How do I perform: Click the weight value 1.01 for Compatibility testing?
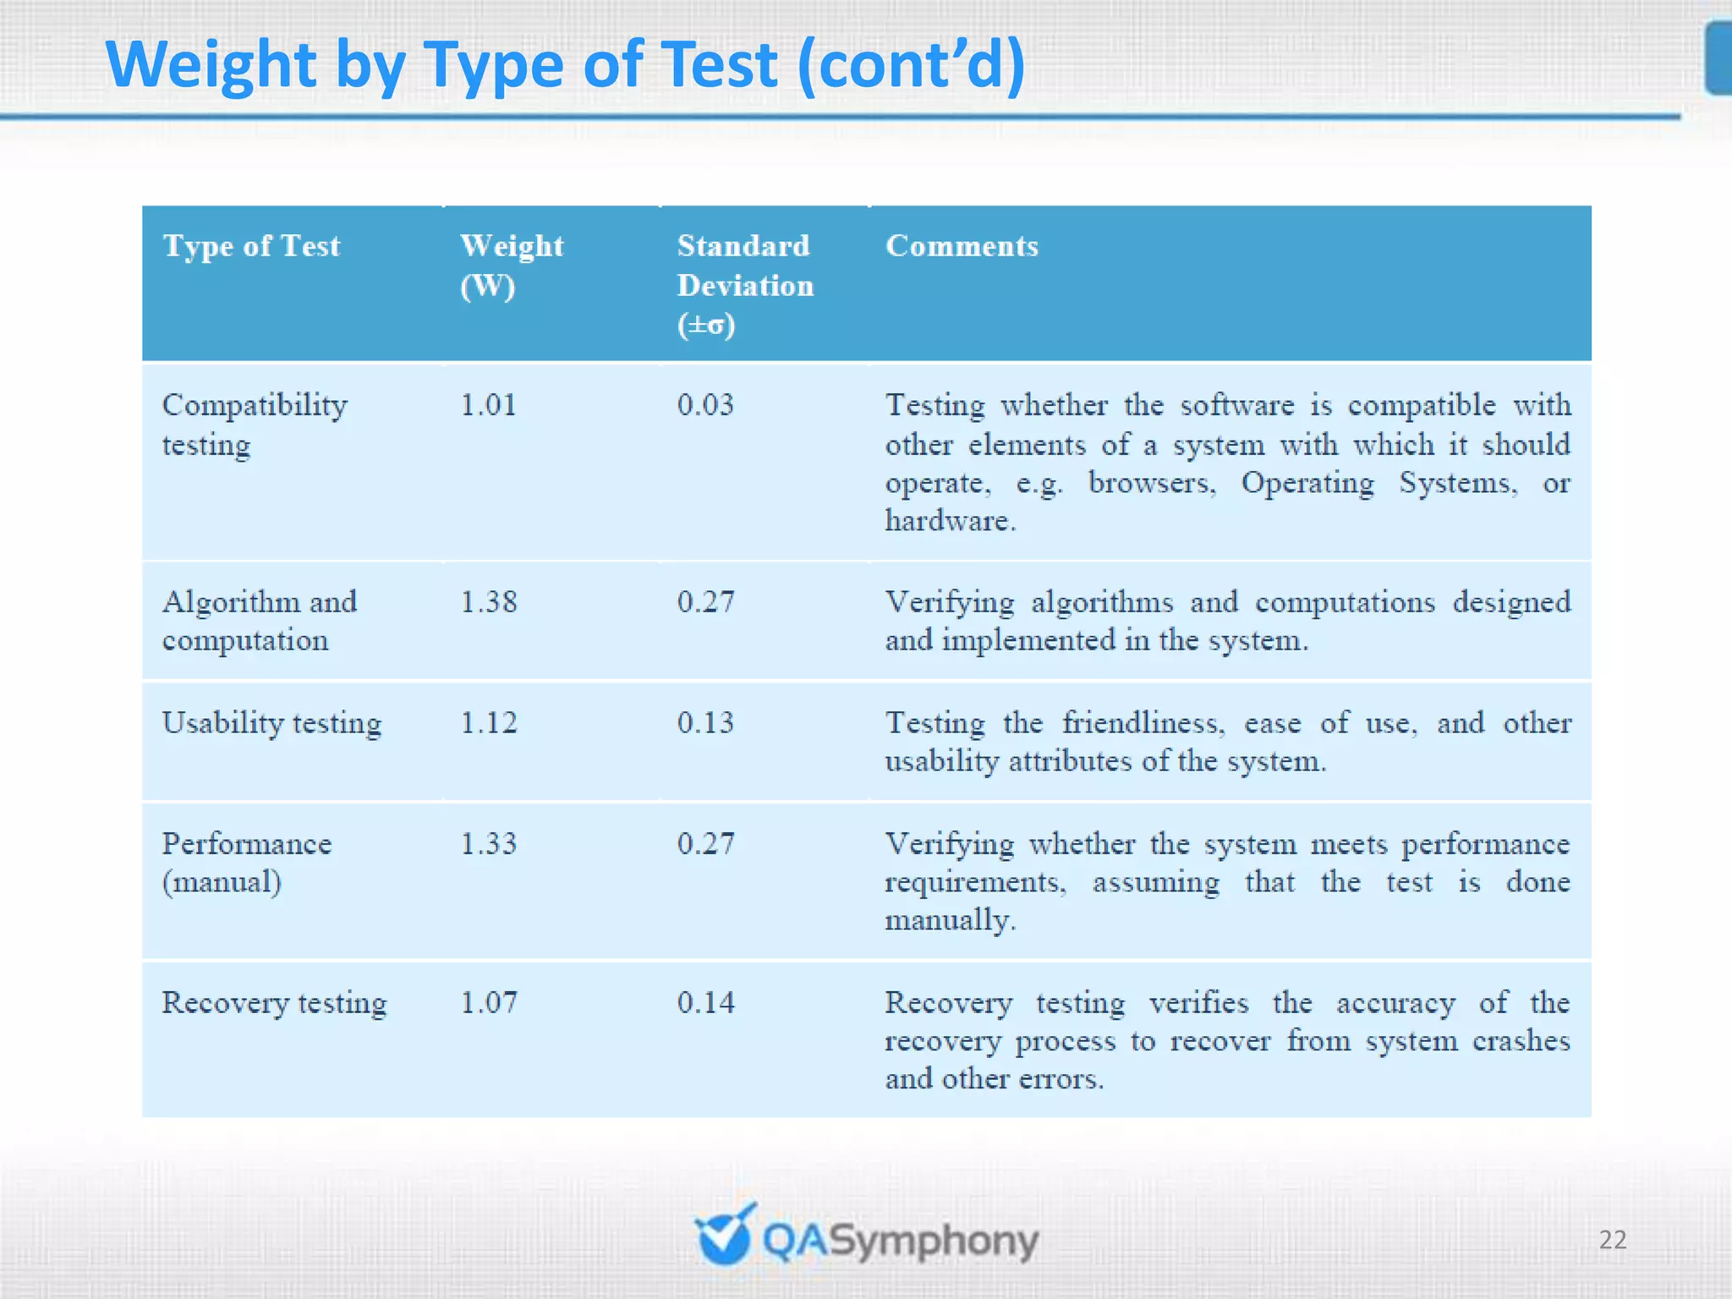coord(488,405)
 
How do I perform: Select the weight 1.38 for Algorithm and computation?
coord(488,602)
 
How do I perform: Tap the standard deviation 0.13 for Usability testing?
coord(705,723)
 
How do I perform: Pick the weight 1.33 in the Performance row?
coord(488,844)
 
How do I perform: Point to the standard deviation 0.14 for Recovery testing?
coord(705,1003)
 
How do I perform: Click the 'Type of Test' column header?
coord(251,246)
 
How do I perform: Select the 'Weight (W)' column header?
coord(511,265)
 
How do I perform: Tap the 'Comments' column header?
coord(962,246)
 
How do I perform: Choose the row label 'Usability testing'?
coord(271,724)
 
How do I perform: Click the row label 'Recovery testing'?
coord(274,1003)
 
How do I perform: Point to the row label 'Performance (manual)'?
coord(246,863)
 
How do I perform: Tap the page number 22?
coord(1612,1240)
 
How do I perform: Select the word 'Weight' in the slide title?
coord(211,66)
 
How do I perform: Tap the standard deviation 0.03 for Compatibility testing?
coord(705,405)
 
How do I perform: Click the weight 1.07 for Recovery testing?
coord(488,1003)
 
